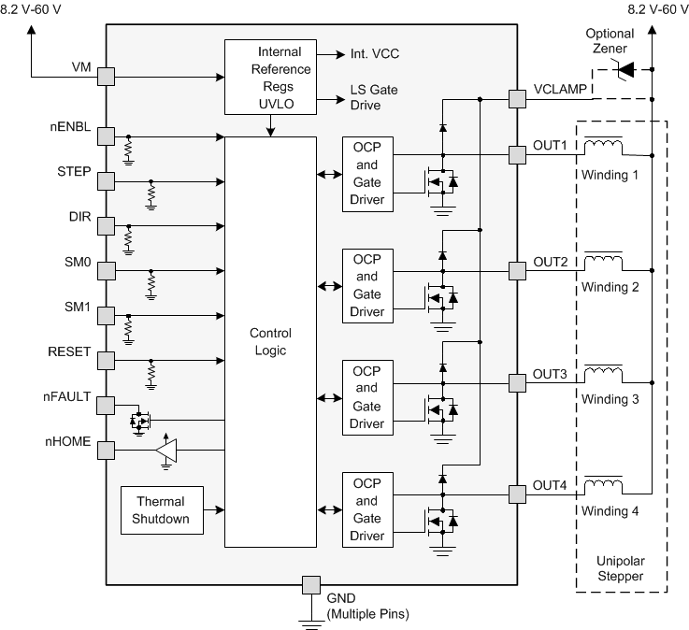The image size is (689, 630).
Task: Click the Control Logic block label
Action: pos(271,341)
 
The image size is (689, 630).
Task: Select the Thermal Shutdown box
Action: pos(162,509)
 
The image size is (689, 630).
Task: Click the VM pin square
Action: pos(106,75)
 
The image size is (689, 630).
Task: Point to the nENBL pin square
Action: pos(106,136)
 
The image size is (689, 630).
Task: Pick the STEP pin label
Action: pos(74,172)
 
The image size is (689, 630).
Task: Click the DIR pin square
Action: pos(106,225)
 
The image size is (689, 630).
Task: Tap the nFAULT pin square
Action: pos(106,405)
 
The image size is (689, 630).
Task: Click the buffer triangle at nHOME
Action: pos(166,451)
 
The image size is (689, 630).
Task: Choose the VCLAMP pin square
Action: pos(516,97)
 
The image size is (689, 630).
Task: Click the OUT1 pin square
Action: pos(516,154)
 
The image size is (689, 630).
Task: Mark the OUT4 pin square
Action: pos(516,493)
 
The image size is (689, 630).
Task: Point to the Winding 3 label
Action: pos(610,398)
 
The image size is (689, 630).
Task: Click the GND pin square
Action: pos(310,585)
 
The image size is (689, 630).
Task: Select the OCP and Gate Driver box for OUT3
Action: pos(367,397)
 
